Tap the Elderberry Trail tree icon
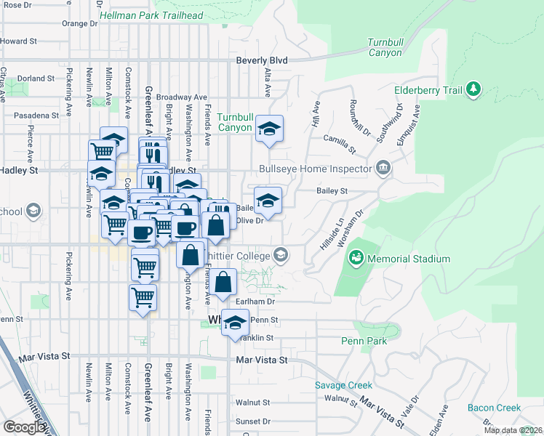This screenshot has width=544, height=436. coord(473,89)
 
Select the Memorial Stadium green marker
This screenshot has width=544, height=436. coord(356,258)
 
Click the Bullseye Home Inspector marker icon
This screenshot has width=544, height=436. coord(384,169)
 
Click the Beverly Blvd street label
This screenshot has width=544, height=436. coord(262,60)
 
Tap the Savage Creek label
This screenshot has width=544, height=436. coord(343,385)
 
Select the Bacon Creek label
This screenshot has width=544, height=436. coord(494,408)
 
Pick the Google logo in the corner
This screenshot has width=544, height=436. coord(24,427)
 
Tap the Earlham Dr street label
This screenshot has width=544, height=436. coord(255,301)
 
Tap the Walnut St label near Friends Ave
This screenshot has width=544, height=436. coord(252,402)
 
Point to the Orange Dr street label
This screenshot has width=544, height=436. coord(79,23)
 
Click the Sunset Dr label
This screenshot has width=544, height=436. coord(252,421)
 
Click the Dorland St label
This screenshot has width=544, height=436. coord(36,78)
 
